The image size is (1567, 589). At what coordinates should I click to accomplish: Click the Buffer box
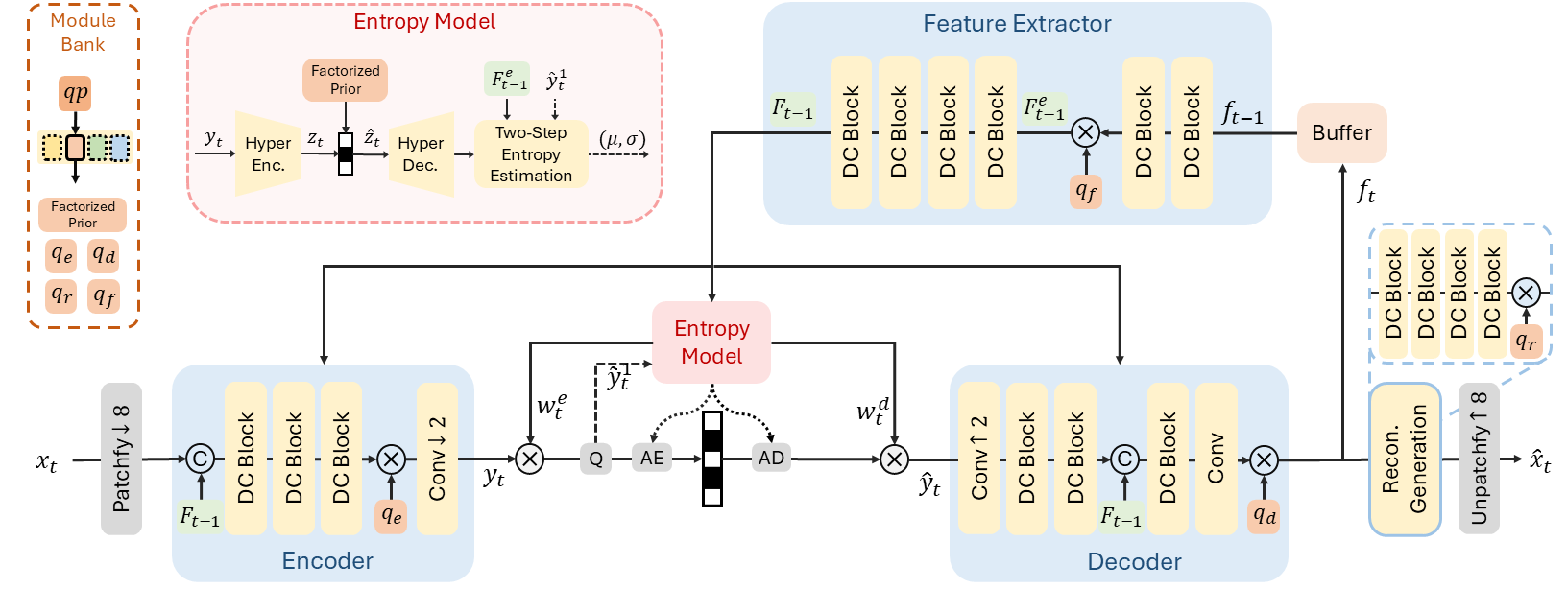1341,132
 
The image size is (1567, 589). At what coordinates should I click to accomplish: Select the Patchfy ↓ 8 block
121,459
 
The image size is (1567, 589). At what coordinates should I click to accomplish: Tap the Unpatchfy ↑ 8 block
1479,459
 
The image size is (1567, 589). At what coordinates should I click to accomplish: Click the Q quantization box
595,459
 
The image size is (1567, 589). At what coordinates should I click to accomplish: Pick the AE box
652,459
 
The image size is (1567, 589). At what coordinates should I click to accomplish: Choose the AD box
771,459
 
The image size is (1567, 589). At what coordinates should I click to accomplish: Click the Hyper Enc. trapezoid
268,153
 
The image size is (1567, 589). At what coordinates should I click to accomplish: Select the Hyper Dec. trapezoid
421,153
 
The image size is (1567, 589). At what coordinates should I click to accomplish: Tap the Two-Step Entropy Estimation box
531,153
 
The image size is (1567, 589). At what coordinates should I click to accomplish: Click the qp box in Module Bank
75,93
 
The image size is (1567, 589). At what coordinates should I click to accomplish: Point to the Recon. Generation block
1405,459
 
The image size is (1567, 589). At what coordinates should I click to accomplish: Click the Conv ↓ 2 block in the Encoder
437,459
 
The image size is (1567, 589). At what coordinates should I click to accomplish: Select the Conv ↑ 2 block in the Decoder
978,459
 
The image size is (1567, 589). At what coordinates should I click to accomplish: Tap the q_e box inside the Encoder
392,516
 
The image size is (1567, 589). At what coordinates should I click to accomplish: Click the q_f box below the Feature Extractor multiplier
1085,192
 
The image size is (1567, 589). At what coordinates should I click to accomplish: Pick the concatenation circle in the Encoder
200,459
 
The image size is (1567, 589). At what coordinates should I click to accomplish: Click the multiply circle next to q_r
1526,293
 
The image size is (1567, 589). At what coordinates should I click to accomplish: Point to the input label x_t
47,461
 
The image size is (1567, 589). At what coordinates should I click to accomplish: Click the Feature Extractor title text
1017,24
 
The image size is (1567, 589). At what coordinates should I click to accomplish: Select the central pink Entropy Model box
711,342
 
